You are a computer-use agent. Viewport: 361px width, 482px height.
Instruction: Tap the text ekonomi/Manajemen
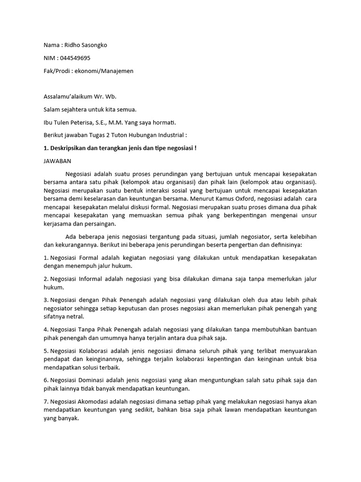[x=110, y=71]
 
